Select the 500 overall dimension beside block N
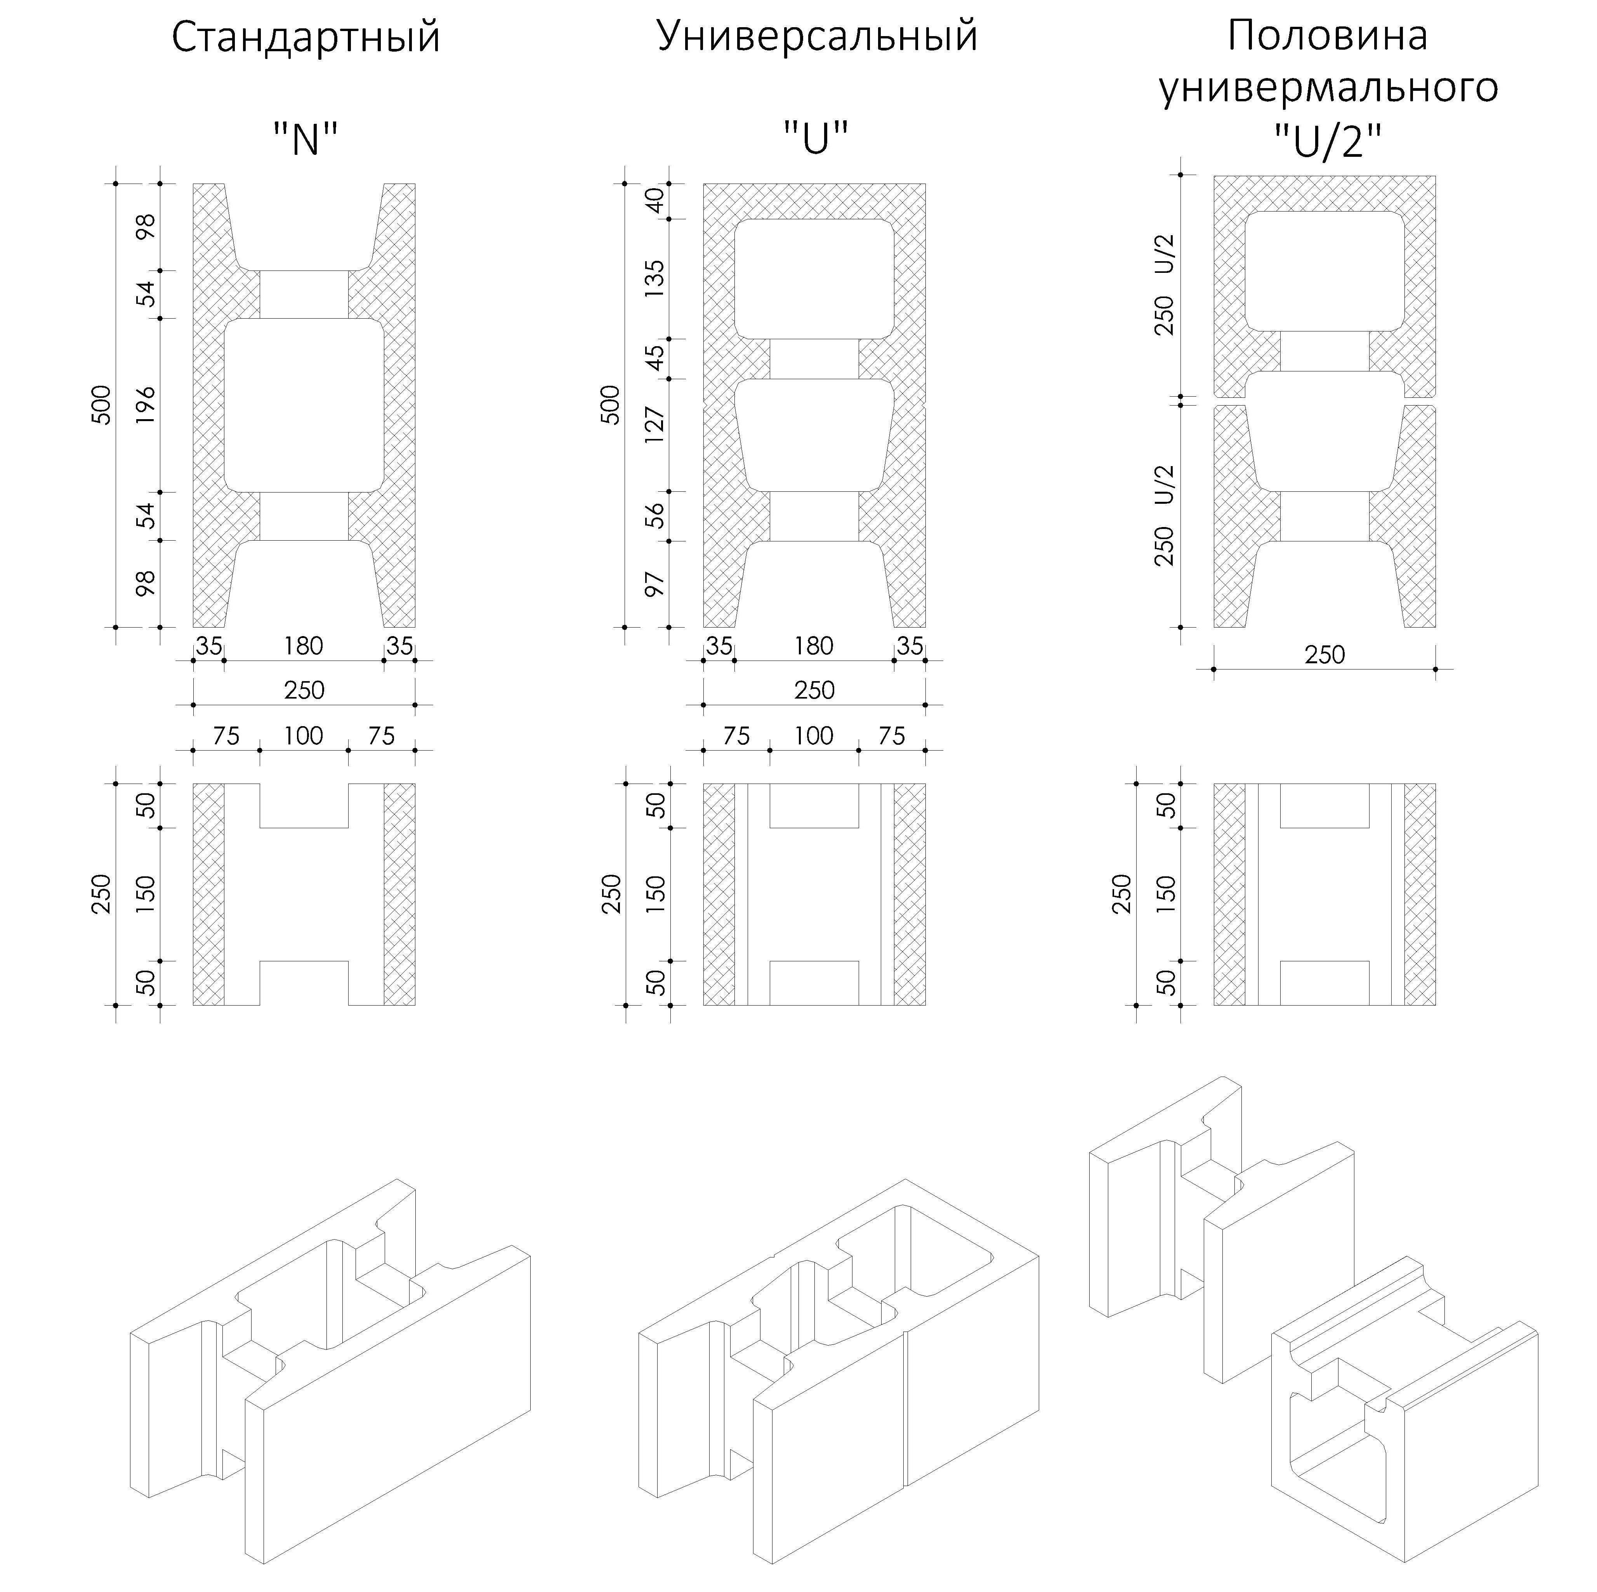click(101, 405)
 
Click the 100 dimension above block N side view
click(303, 736)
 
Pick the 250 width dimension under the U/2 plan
click(1325, 655)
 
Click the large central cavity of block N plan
click(304, 405)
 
